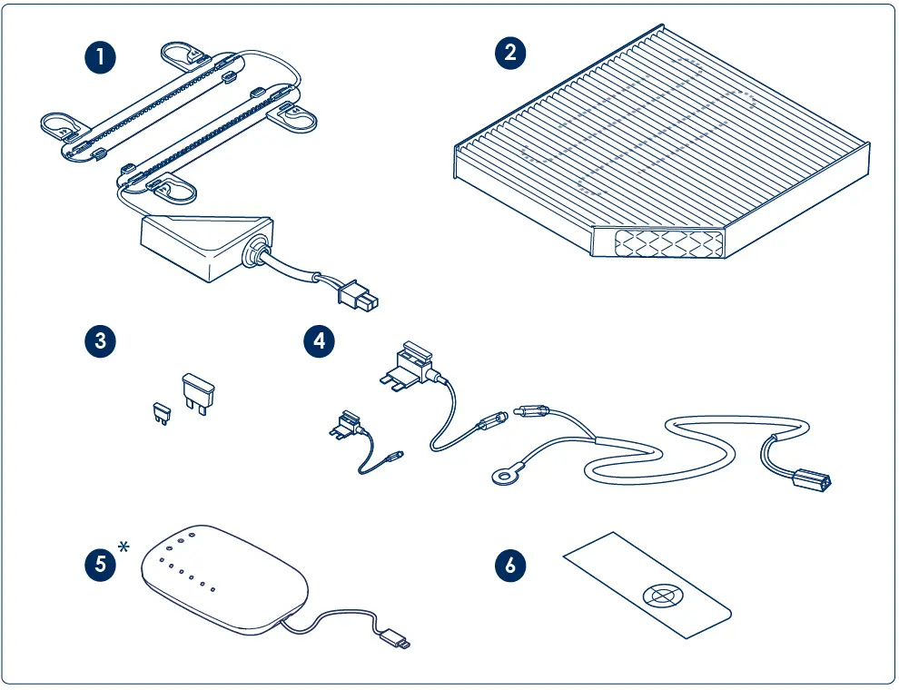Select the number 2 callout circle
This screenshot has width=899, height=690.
[510, 52]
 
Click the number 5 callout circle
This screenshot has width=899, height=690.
[101, 564]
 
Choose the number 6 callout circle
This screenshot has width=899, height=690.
[510, 564]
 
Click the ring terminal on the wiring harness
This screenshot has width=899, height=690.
[500, 475]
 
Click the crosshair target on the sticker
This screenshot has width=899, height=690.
[662, 596]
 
